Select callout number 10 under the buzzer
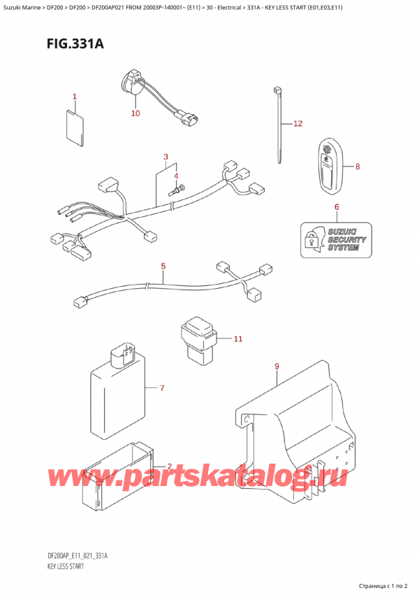pos(135,113)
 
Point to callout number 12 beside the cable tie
pos(297,124)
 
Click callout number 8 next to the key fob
pos(358,167)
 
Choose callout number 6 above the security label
pos(336,207)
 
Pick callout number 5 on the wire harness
pos(163,266)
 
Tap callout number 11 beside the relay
pos(237,339)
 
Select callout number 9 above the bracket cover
pos(277,366)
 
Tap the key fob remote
pos(328,166)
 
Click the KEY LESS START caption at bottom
pos(64,566)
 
